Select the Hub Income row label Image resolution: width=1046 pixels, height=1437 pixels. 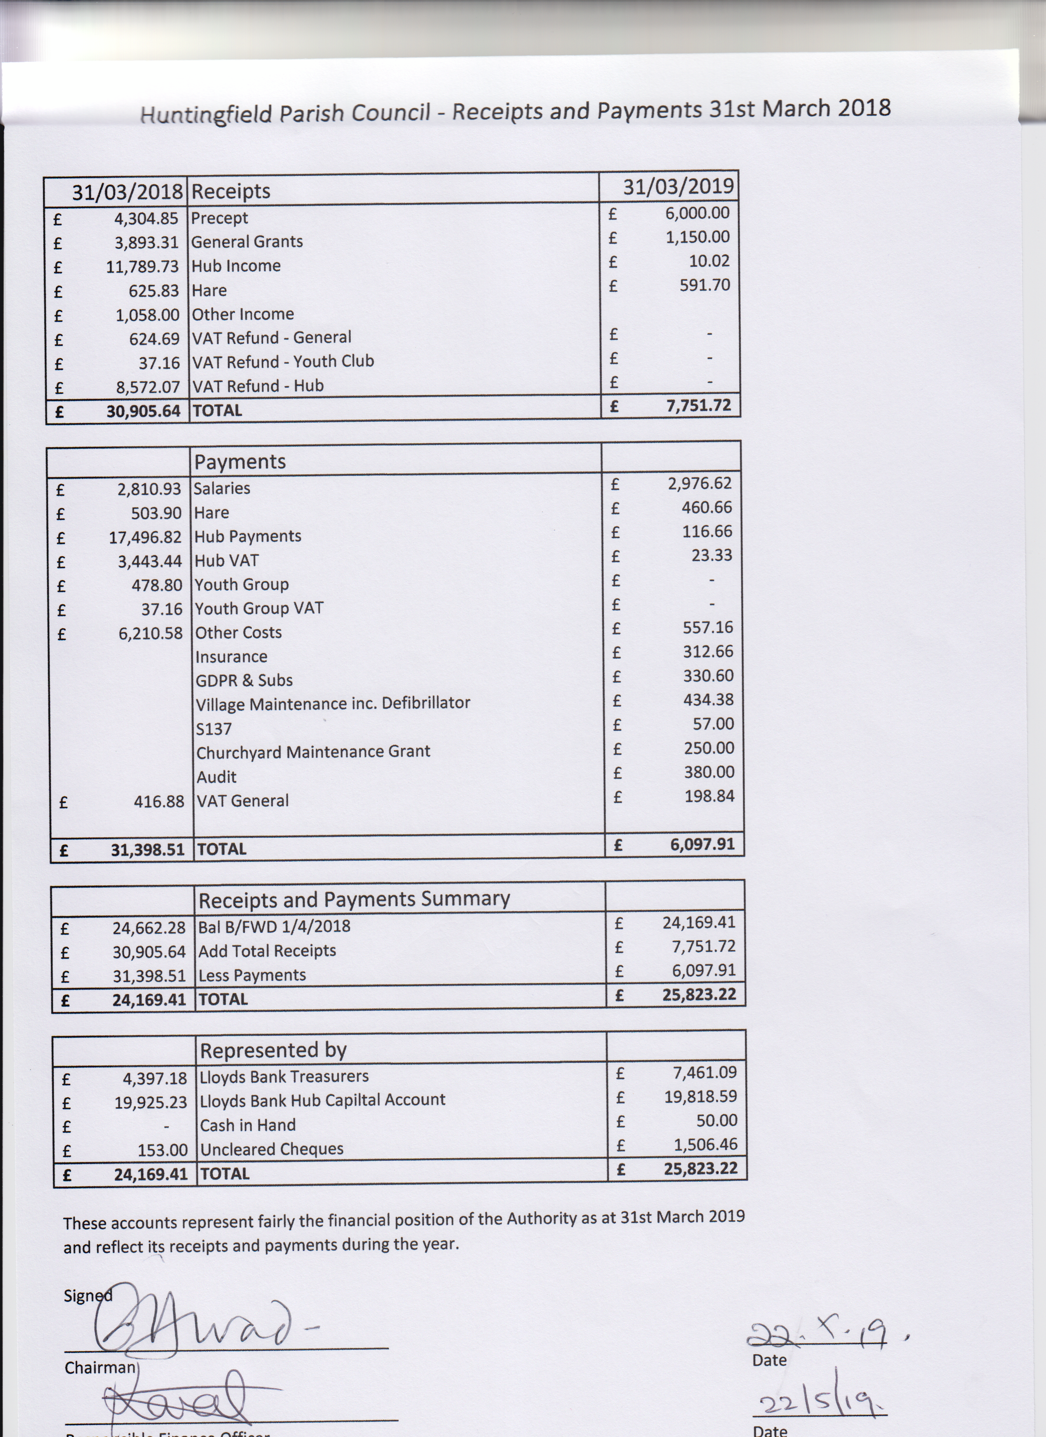coord(236,266)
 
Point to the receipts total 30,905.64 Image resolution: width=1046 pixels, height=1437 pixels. coord(143,411)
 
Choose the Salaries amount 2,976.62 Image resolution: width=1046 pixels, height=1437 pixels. coord(699,483)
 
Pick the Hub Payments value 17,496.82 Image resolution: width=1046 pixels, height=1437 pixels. coord(145,537)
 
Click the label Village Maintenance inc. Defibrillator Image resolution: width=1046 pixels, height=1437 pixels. coord(333,703)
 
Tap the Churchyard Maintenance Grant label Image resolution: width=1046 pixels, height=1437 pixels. coord(313,752)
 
